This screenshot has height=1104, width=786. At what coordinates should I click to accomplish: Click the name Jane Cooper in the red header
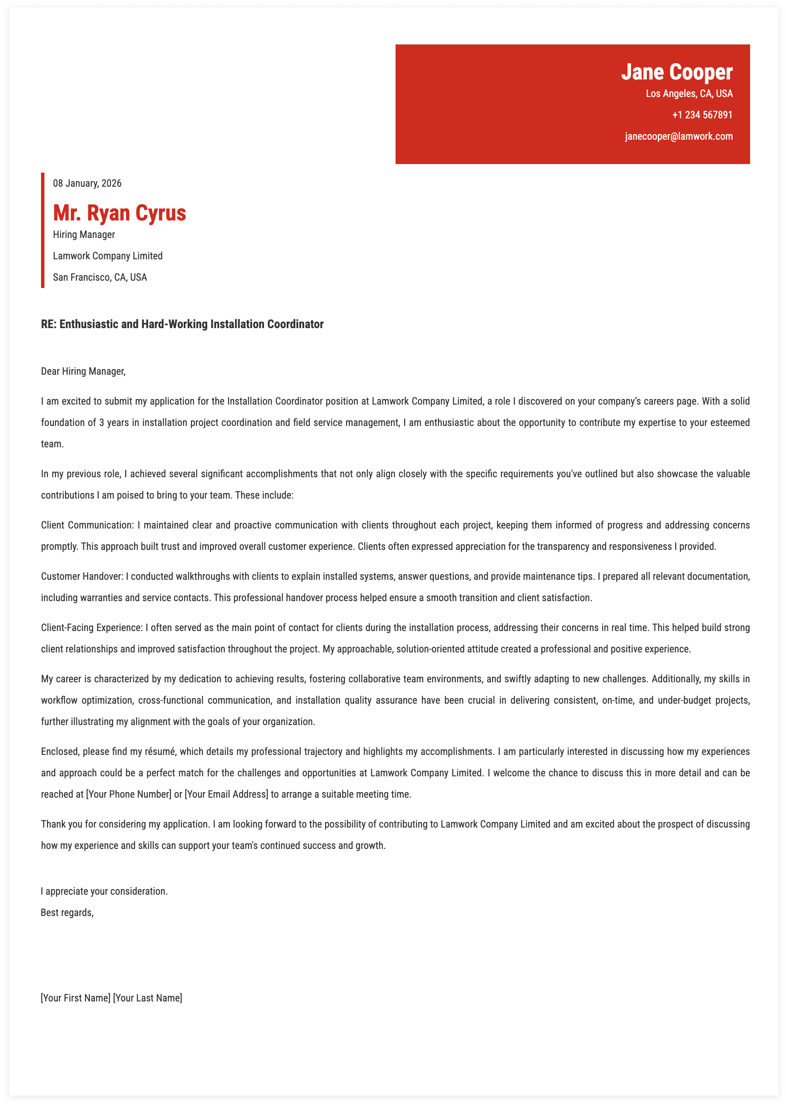click(x=676, y=72)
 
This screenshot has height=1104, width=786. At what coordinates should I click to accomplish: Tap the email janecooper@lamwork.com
click(x=678, y=136)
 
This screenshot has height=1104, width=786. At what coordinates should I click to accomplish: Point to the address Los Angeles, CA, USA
click(x=689, y=94)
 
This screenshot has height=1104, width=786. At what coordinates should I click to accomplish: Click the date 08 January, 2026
click(x=87, y=183)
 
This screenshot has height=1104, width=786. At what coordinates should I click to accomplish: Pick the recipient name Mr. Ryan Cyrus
click(x=120, y=213)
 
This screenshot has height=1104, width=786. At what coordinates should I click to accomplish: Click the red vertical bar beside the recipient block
click(x=43, y=230)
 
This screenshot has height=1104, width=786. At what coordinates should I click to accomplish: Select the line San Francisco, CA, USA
click(x=100, y=277)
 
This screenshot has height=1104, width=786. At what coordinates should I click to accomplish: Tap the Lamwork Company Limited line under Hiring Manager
click(x=108, y=256)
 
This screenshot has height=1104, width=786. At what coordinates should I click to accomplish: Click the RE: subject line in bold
click(x=182, y=324)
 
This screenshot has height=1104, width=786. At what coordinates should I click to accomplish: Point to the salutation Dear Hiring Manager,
click(x=83, y=371)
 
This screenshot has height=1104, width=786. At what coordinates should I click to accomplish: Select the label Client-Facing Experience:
click(x=92, y=628)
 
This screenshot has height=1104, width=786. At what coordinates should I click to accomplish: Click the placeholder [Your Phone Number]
click(x=129, y=794)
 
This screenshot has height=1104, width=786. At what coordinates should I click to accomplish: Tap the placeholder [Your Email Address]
click(x=226, y=794)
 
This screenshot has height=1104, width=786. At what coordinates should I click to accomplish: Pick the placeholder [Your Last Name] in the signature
click(x=148, y=998)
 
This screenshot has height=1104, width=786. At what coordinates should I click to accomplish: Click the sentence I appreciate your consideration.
click(x=104, y=891)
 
